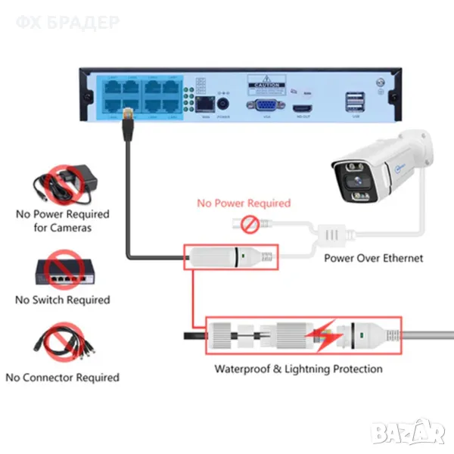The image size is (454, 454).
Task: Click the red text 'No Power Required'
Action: pyautogui.click(x=244, y=203)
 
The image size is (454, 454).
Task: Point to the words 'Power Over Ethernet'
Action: pyautogui.click(x=373, y=258)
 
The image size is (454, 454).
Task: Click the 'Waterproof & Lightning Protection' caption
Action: pyautogui.click(x=298, y=369)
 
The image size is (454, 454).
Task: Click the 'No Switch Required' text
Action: pyautogui.click(x=63, y=300)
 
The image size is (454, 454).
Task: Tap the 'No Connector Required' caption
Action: pyautogui.click(x=63, y=377)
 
